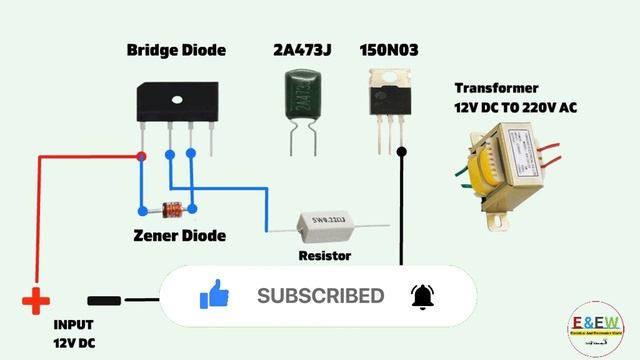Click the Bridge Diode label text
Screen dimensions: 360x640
pos(176,50)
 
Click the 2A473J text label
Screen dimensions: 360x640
pos(301,50)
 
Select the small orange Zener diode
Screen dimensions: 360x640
pos(173,210)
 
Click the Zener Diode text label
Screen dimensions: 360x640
pos(179,236)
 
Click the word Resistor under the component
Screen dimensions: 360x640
pos(326,256)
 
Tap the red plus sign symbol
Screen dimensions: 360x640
pos(36,300)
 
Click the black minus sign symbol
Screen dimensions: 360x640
pos(105,300)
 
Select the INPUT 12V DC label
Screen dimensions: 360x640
pos(75,334)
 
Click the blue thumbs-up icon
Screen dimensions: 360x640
pos(215,295)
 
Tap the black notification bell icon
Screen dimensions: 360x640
pos(423,296)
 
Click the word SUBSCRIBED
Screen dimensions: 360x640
pos(320,296)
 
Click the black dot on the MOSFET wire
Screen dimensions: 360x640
pos(402,152)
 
